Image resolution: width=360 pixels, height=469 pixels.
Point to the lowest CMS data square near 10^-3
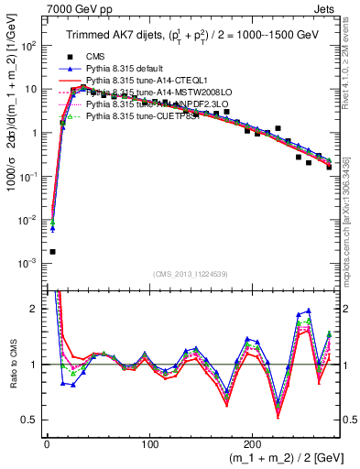pyautogui.click(x=52, y=251)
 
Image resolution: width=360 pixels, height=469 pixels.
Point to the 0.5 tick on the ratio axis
pyautogui.click(x=30, y=420)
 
